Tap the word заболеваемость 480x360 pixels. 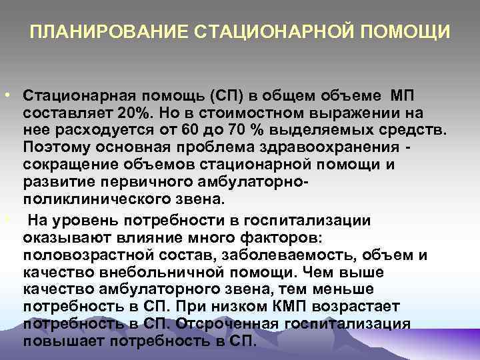(279, 256)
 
